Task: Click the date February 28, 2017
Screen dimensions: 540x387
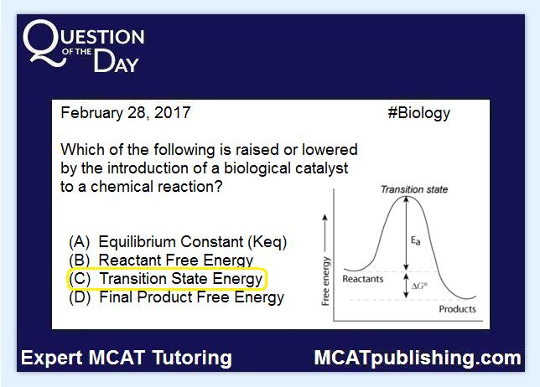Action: pos(126,113)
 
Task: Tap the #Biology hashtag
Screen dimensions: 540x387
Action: pos(418,114)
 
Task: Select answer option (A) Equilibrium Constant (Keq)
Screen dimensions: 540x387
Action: pos(178,242)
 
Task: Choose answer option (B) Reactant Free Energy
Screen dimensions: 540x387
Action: pos(161,260)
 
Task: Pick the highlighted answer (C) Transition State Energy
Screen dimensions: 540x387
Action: pos(166,278)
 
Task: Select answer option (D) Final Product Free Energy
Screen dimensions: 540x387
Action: pos(176,297)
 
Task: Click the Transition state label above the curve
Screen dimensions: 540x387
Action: pos(414,189)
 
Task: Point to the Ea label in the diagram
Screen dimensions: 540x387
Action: pos(416,240)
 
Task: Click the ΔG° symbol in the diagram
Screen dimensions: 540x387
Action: pos(419,286)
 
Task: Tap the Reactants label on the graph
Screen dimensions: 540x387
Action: pos(362,279)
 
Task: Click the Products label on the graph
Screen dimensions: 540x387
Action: pos(457,309)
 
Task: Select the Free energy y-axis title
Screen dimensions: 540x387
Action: pos(325,281)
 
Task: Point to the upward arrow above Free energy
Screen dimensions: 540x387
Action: pos(325,233)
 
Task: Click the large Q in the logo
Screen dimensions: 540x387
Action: pos(44,43)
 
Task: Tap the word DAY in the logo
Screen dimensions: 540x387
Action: pos(116,61)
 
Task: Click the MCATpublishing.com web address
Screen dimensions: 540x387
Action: pos(418,358)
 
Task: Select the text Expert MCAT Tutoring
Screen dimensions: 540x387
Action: pos(127,358)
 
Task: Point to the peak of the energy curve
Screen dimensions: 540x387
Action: pos(406,196)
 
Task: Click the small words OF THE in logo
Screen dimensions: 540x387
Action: pos(77,52)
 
